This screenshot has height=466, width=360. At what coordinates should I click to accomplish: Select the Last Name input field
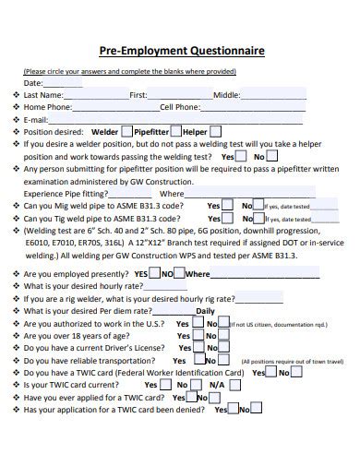click(96, 93)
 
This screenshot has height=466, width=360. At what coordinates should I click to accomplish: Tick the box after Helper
click(215, 131)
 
